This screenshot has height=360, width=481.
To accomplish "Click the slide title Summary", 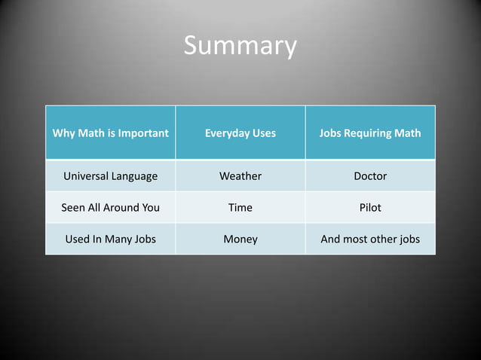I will [x=240, y=47].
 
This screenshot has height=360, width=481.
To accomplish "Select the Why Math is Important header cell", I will [x=110, y=133].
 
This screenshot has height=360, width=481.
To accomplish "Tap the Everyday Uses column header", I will [x=240, y=133].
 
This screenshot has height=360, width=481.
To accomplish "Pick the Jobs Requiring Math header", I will [x=370, y=133].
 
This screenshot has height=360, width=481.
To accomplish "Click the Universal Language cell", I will [x=110, y=176].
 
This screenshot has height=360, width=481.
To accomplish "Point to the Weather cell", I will [x=240, y=176].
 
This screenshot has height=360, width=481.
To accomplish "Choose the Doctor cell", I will [x=370, y=176].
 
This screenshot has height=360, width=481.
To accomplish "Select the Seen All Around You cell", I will [x=110, y=208].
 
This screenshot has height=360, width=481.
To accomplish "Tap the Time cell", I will [x=240, y=208].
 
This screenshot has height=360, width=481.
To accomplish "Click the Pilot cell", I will [x=370, y=208].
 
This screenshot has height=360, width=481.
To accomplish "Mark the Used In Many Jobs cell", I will [x=110, y=239].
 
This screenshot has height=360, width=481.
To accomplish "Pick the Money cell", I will [x=240, y=239].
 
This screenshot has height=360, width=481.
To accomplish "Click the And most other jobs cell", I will [x=370, y=239].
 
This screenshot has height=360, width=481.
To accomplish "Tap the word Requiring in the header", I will [x=368, y=133].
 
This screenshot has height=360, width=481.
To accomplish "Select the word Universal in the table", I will [x=87, y=176].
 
